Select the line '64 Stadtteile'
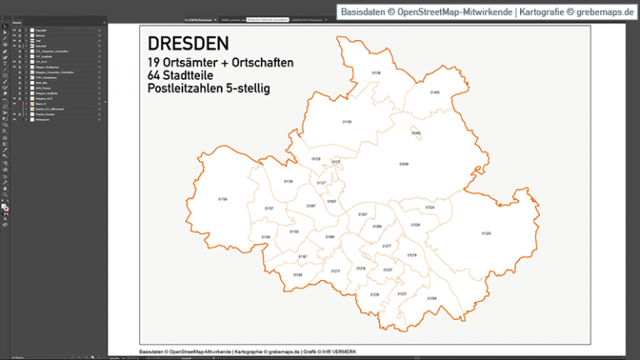click(x=184, y=76)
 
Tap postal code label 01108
click(x=376, y=73)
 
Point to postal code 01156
click(x=222, y=199)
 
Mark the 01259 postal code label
click(x=432, y=297)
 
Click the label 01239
click(x=374, y=294)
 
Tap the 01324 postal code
click(x=430, y=207)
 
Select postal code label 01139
click(x=288, y=181)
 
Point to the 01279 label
click(x=412, y=255)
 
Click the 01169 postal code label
click(x=266, y=237)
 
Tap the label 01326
click(x=415, y=225)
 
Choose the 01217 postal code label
click(x=336, y=272)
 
